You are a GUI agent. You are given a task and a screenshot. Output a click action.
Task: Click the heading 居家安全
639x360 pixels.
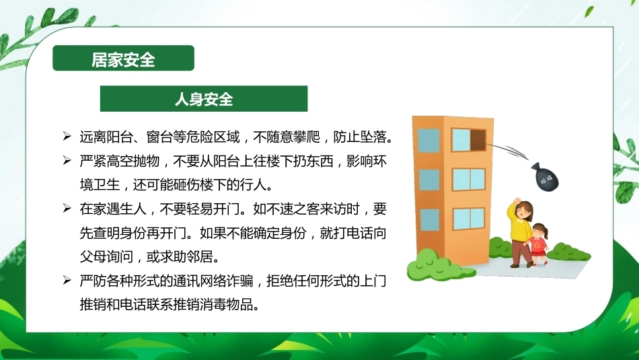coord(123,59)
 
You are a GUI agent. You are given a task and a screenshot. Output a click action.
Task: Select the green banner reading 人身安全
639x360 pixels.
coord(204,99)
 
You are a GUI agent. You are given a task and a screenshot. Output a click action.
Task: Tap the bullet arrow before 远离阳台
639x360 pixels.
coord(67,136)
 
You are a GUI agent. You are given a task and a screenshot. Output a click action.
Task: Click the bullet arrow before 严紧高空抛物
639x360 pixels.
coord(67,160)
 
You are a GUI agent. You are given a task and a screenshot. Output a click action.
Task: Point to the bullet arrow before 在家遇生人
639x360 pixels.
coord(67,209)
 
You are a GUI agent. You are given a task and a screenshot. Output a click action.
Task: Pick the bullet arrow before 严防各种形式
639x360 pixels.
coord(67,281)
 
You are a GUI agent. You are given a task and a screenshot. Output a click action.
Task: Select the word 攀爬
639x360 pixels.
coord(307,137)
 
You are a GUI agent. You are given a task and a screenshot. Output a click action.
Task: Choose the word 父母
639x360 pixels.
coord(93,257)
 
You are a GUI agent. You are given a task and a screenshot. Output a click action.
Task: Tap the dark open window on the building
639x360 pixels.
coord(478,140)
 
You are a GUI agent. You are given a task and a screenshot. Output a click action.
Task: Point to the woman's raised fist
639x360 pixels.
coord(517,201)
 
